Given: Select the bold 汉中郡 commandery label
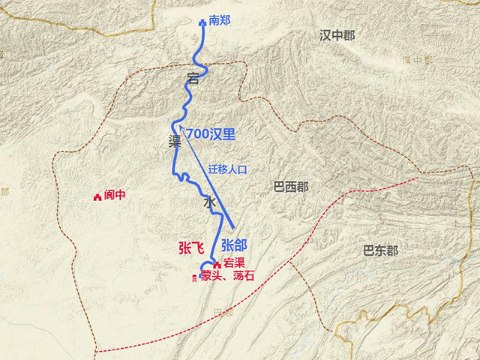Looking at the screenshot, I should click(x=337, y=35).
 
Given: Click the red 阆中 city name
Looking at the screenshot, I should click(x=115, y=196).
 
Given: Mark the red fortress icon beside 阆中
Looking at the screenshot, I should click(x=97, y=196).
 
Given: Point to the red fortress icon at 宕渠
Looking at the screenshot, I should click(x=217, y=264).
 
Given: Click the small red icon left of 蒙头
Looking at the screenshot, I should click(x=195, y=277).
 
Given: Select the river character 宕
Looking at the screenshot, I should click(x=193, y=78).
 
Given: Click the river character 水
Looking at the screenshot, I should click(x=209, y=202).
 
